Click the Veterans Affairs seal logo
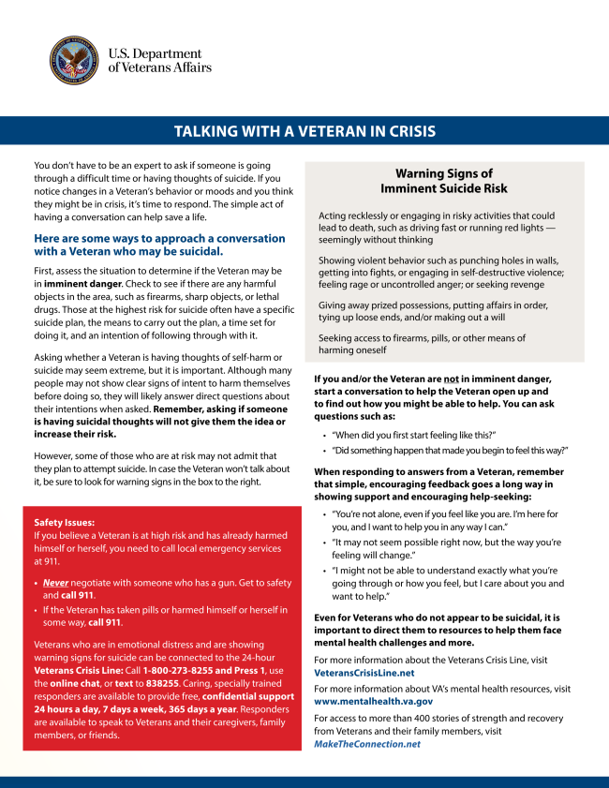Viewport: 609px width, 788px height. coord(74,60)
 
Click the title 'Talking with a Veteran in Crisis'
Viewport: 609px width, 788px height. coord(304,131)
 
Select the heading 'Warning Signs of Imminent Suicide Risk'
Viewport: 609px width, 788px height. coord(444,181)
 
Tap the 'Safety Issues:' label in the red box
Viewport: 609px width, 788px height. coord(64,522)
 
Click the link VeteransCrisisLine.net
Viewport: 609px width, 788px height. coord(364,673)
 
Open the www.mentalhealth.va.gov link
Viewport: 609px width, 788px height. coord(373,701)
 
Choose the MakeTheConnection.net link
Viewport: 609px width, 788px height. coord(367,744)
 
